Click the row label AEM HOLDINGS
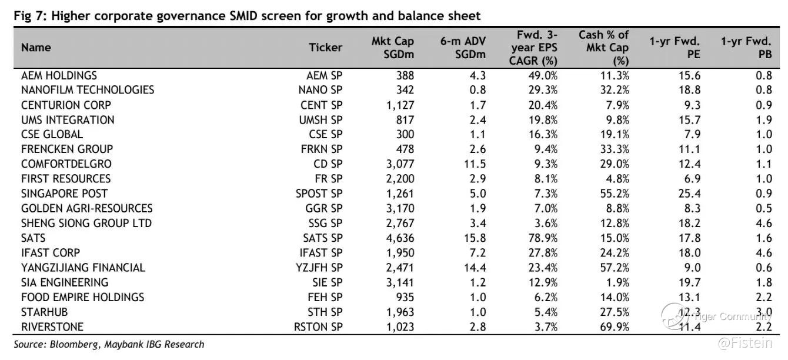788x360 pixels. pyautogui.click(x=59, y=75)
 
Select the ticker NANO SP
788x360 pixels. pyautogui.click(x=320, y=90)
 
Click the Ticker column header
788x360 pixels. pyautogui.click(x=325, y=48)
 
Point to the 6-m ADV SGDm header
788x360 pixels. pyautogui.click(x=463, y=48)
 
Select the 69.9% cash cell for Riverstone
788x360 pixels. pyautogui.click(x=613, y=326)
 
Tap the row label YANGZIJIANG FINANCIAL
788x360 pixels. pyautogui.click(x=83, y=268)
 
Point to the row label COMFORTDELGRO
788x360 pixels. pyautogui.click(x=66, y=164)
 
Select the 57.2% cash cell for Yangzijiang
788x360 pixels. pyautogui.click(x=613, y=268)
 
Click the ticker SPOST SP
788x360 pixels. pyautogui.click(x=319, y=194)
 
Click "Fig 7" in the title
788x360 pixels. pyautogui.click(x=30, y=16)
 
